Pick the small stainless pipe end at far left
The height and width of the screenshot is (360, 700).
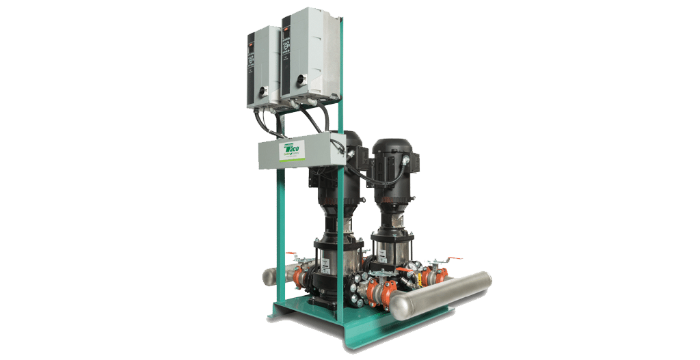(x=269, y=277)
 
